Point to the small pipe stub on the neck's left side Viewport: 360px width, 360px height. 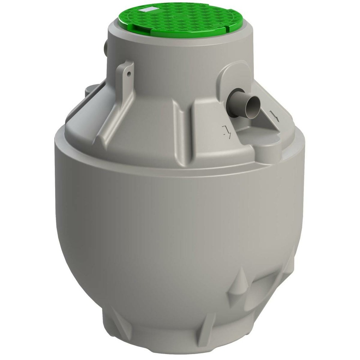tap(105, 47)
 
